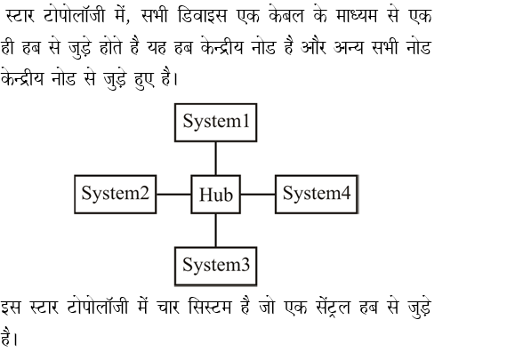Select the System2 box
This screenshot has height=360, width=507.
(115, 194)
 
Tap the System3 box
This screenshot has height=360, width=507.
(215, 265)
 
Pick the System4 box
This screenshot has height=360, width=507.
(317, 194)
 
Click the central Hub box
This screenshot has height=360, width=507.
(215, 195)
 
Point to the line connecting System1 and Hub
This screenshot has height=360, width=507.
(215, 159)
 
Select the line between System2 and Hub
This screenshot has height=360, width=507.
(175, 194)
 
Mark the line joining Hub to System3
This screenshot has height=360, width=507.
(215, 229)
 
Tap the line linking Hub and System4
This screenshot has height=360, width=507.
(258, 194)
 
